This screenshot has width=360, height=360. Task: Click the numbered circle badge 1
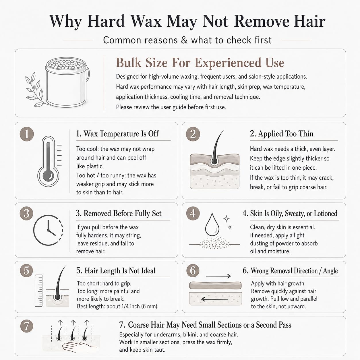[x=27, y=134]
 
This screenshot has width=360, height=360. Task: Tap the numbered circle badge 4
[x=193, y=213]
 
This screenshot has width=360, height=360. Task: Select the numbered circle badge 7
[x=27, y=326]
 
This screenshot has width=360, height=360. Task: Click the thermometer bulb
[x=49, y=176]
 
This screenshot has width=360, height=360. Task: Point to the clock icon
[x=48, y=230]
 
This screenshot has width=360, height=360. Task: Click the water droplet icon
[x=212, y=224]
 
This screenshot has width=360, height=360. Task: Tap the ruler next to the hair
[x=39, y=291]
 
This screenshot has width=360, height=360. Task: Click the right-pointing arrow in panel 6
[x=218, y=276]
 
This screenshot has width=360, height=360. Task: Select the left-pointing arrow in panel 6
[x=214, y=299]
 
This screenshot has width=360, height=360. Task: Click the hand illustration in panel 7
[x=80, y=347]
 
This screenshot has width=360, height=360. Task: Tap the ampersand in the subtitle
[x=184, y=40]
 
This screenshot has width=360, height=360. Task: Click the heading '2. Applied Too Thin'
[x=282, y=133]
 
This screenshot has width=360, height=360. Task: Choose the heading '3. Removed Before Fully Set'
[x=119, y=213]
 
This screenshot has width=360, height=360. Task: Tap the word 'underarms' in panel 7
[x=166, y=334]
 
